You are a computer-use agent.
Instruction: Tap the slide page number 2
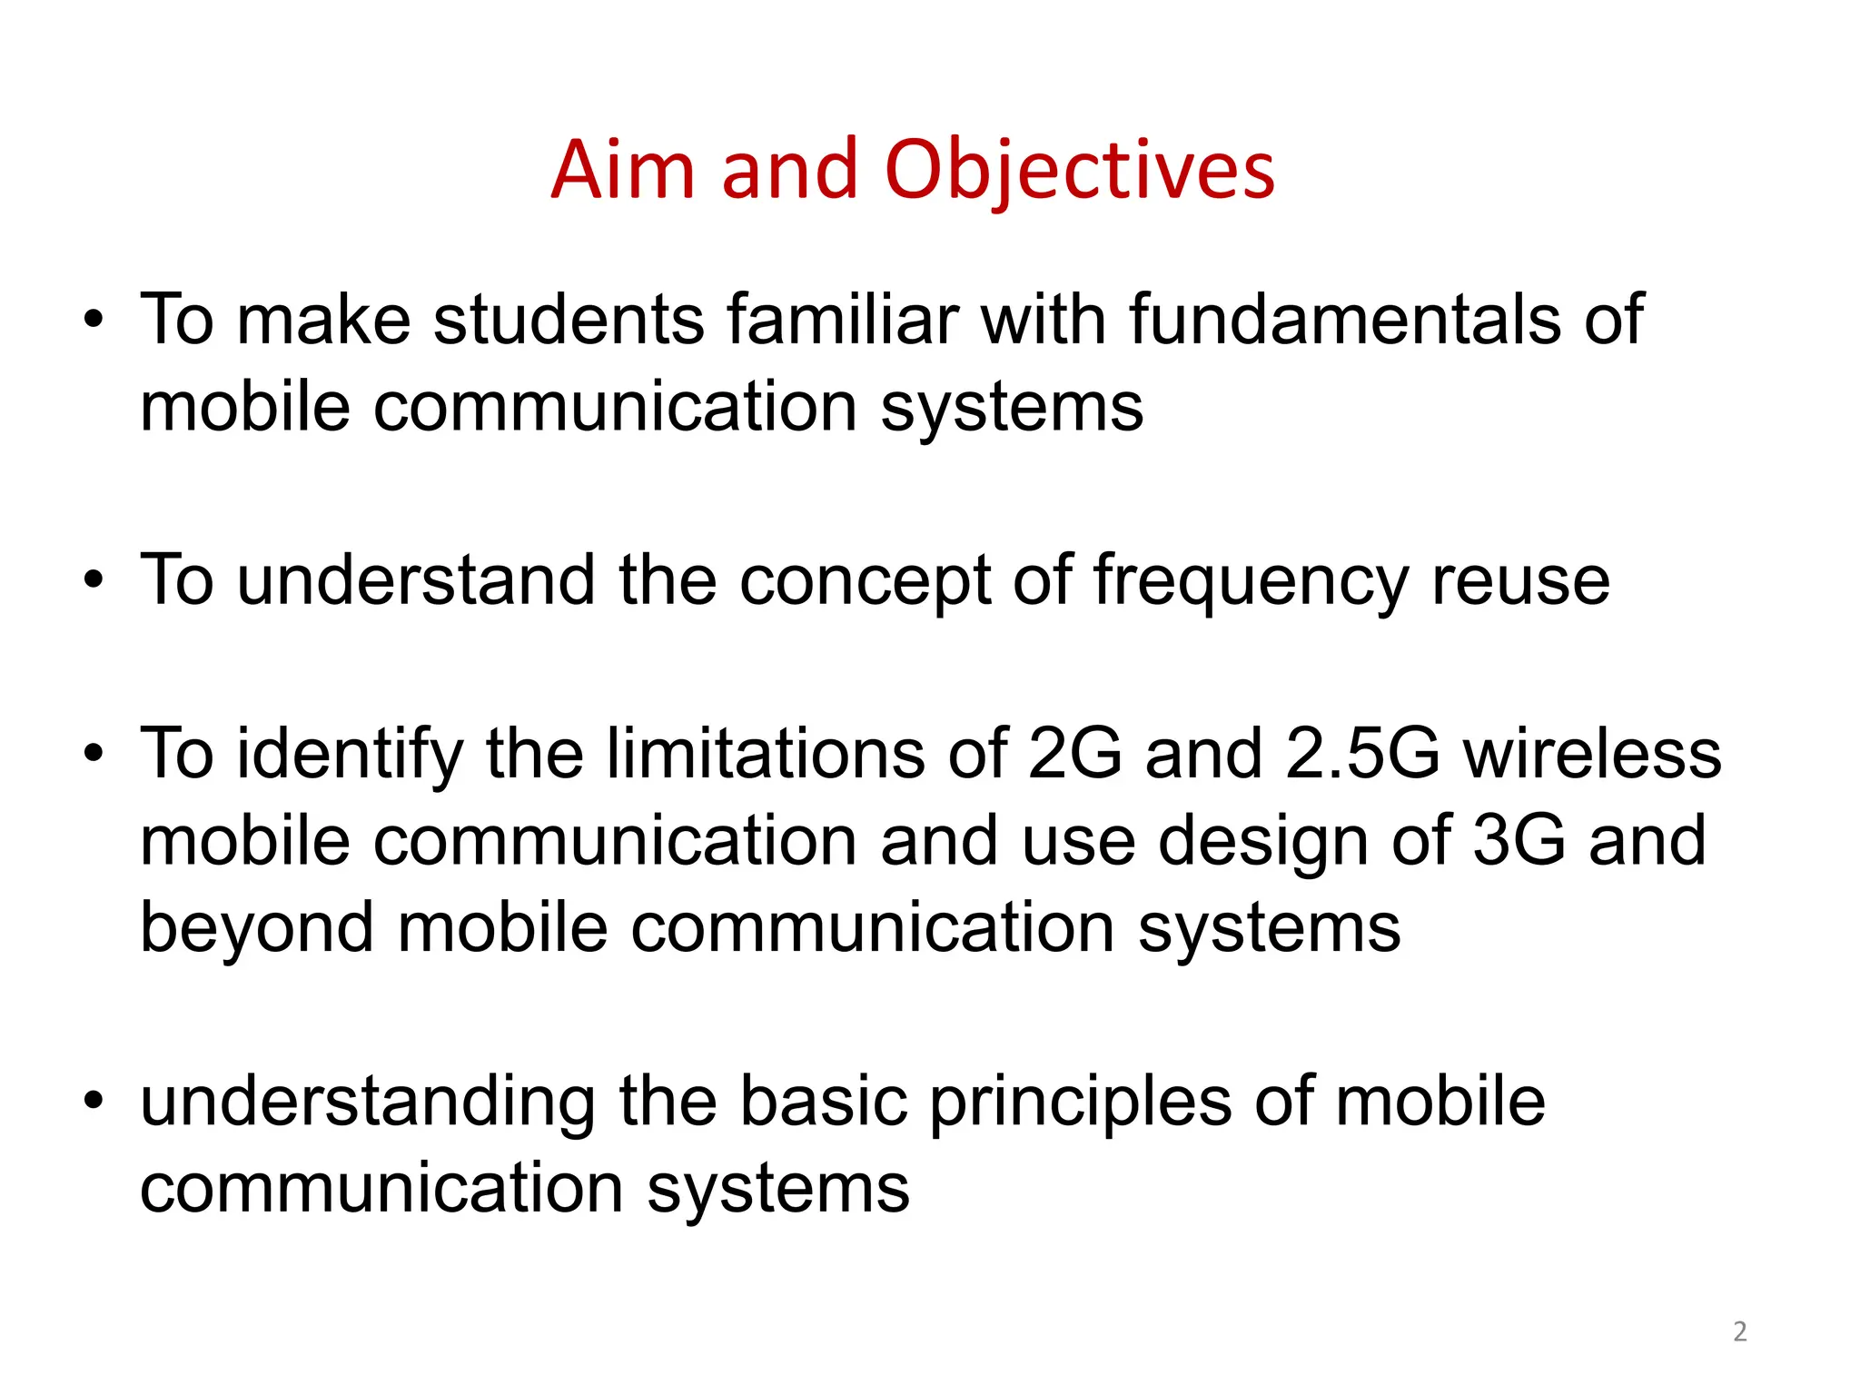click(x=1739, y=1331)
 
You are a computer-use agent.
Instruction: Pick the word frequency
click(x=1251, y=581)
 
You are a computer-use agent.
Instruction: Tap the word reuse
click(x=1520, y=581)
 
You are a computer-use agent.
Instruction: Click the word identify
click(x=350, y=754)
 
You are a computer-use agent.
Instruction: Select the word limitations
click(x=765, y=754)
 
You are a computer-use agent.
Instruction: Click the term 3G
click(x=1519, y=840)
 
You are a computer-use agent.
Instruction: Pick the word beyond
click(x=257, y=928)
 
